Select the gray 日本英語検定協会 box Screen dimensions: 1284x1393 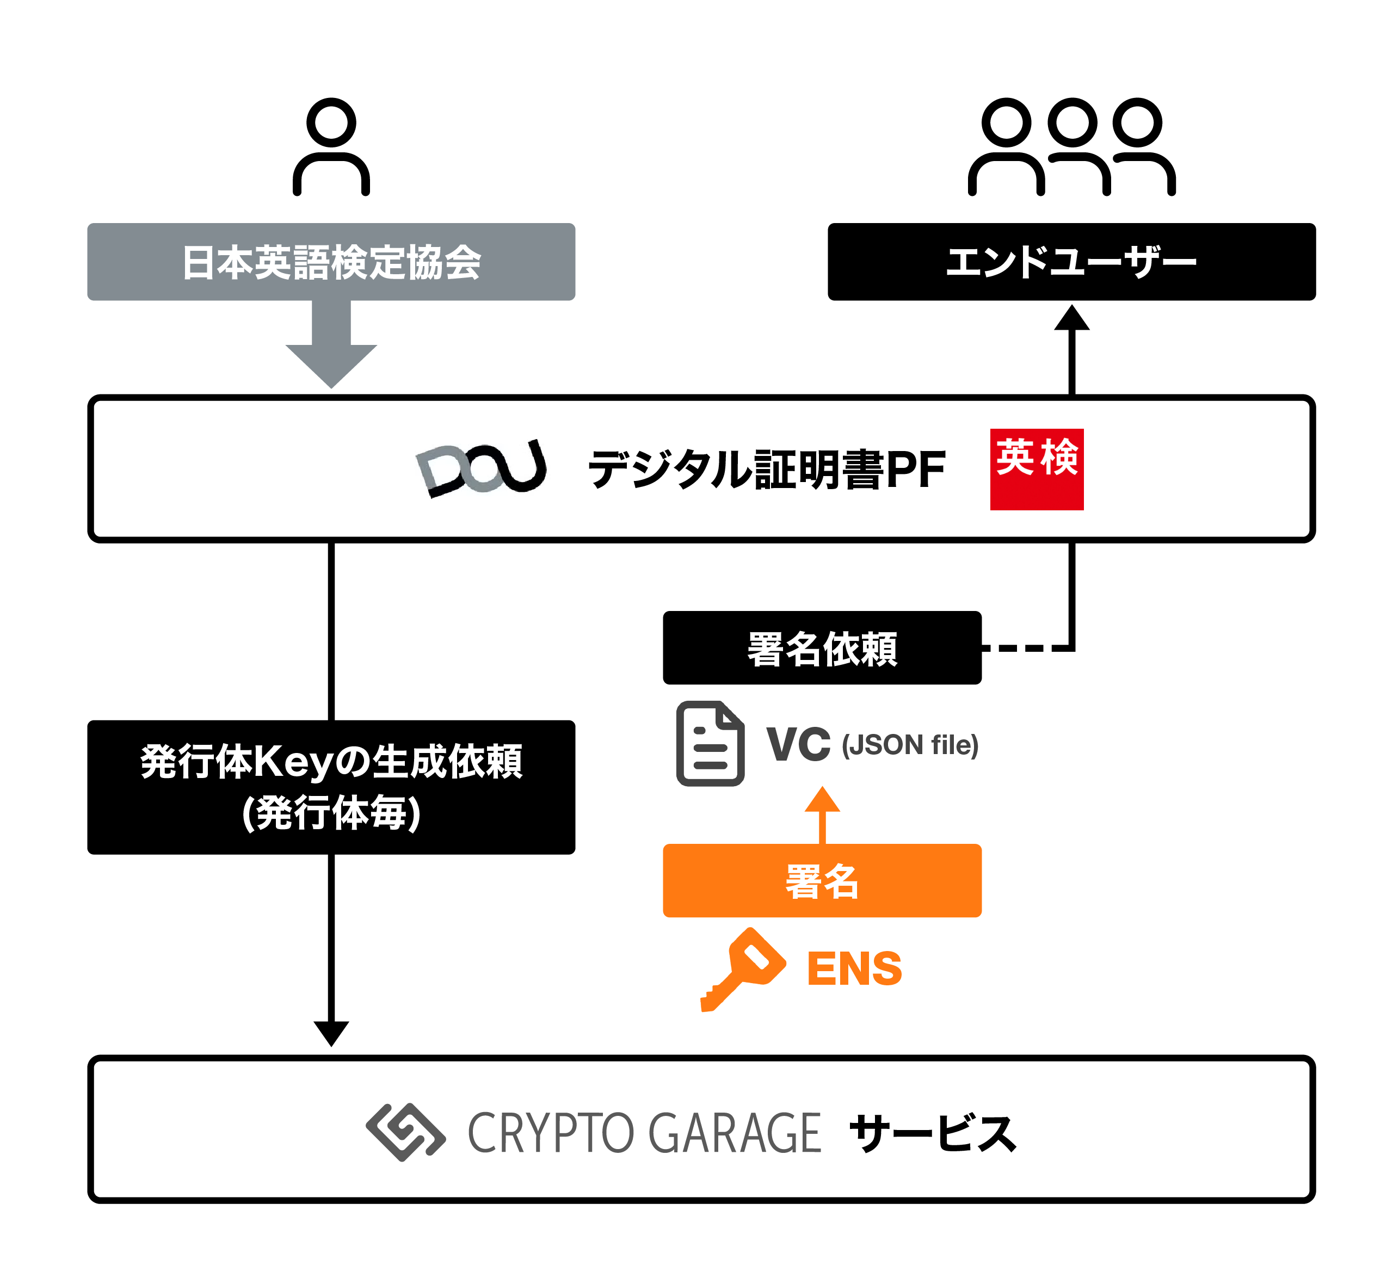(331, 262)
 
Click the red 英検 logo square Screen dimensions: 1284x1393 (1036, 469)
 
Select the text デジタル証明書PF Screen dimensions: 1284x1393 (766, 470)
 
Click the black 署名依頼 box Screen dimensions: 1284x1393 (821, 647)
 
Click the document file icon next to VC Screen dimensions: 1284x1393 (710, 743)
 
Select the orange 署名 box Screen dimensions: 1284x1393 (821, 880)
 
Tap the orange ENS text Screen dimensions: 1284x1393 (854, 969)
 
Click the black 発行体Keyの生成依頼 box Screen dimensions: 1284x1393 (331, 787)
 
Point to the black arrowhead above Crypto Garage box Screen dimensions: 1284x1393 (331, 1033)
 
